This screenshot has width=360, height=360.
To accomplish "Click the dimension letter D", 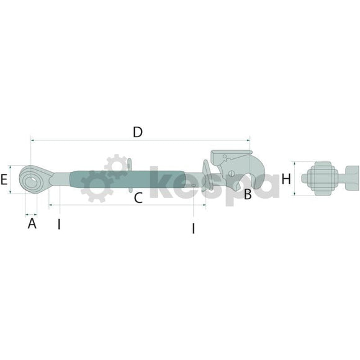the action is tap(138, 132).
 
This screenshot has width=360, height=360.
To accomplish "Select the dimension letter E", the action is tap(4, 179).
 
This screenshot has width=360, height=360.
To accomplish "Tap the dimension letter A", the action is tap(32, 223).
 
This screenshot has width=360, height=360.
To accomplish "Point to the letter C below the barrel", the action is tap(138, 198).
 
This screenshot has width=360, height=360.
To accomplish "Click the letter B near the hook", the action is tap(248, 194).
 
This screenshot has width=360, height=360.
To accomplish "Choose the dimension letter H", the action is tap(286, 179).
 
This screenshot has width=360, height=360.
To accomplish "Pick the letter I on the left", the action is tap(59, 225).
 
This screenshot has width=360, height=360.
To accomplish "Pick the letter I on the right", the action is tap(194, 228).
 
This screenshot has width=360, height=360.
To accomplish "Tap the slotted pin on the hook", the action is tap(232, 173).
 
